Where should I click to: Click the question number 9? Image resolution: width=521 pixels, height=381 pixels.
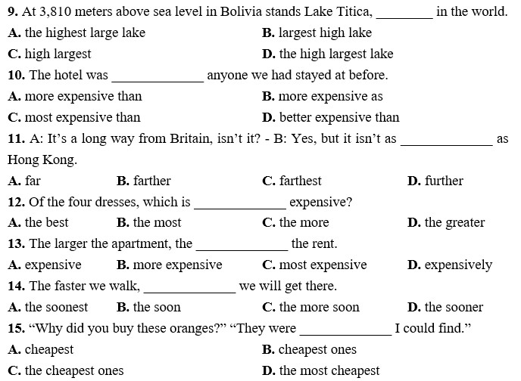pyautogui.click(x=13, y=11)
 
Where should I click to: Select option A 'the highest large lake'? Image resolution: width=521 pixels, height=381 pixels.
pyautogui.click(x=76, y=33)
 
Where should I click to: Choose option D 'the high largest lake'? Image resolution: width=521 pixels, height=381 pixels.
pyautogui.click(x=328, y=54)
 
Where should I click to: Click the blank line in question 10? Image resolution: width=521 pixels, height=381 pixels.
pyautogui.click(x=158, y=81)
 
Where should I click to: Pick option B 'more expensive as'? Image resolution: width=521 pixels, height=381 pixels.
pyautogui.click(x=323, y=97)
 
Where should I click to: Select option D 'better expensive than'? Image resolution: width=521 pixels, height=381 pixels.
pyautogui.click(x=331, y=117)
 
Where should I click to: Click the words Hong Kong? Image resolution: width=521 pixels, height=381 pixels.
pyautogui.click(x=42, y=160)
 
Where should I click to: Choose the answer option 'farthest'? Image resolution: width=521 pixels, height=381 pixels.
pyautogui.click(x=292, y=181)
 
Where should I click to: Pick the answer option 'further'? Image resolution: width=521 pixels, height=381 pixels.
pyautogui.click(x=435, y=181)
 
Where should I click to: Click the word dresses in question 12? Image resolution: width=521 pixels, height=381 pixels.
pyautogui.click(x=117, y=202)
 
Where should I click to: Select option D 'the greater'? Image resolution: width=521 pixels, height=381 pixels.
pyautogui.click(x=446, y=223)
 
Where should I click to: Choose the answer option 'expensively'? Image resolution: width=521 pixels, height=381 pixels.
pyautogui.click(x=450, y=265)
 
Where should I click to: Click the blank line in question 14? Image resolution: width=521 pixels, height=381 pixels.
pyautogui.click(x=190, y=293)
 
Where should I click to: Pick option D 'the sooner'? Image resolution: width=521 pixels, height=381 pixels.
pyautogui.click(x=445, y=307)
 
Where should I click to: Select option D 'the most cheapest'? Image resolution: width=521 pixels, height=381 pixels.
pyautogui.click(x=320, y=370)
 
